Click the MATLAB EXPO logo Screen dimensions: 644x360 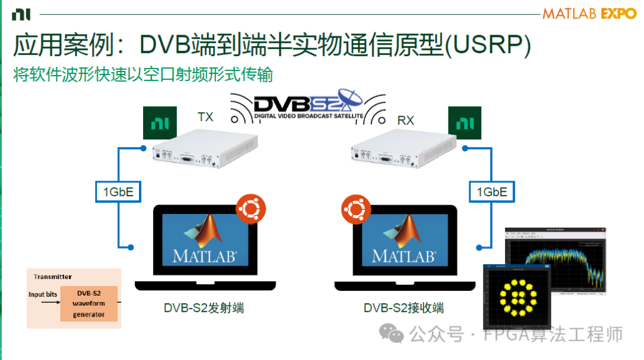[x=589, y=14]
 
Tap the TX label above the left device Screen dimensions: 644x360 [x=205, y=117]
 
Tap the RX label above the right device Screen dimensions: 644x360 [x=405, y=120]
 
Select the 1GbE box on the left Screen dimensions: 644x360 [x=118, y=192]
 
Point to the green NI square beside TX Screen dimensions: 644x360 [x=160, y=123]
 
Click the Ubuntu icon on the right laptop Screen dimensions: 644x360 [x=356, y=210]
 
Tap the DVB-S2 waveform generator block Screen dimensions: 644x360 [x=89, y=303]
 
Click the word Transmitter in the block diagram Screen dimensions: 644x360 [x=52, y=277]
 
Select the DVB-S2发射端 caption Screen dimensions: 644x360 [x=204, y=308]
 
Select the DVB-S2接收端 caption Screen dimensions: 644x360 [x=404, y=308]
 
